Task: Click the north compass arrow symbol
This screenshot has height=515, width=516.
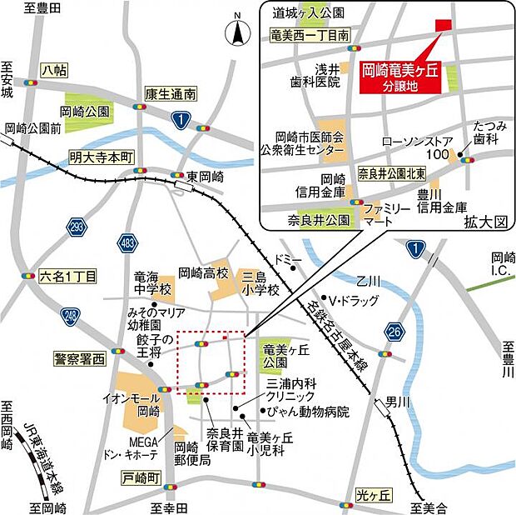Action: click(236, 33)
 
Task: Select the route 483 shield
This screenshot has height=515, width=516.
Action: click(127, 242)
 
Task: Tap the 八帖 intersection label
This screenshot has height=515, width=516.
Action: click(53, 71)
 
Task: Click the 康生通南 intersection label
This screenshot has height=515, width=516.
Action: click(170, 94)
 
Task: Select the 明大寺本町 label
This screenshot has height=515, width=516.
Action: click(101, 156)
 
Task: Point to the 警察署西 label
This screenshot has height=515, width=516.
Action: click(80, 358)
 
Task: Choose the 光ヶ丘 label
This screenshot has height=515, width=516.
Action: click(372, 494)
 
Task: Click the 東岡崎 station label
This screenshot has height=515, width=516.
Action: click(205, 177)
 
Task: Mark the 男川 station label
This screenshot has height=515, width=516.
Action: click(403, 403)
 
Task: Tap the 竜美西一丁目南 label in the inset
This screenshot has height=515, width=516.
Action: click(309, 35)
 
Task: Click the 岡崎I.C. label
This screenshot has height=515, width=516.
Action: click(503, 264)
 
